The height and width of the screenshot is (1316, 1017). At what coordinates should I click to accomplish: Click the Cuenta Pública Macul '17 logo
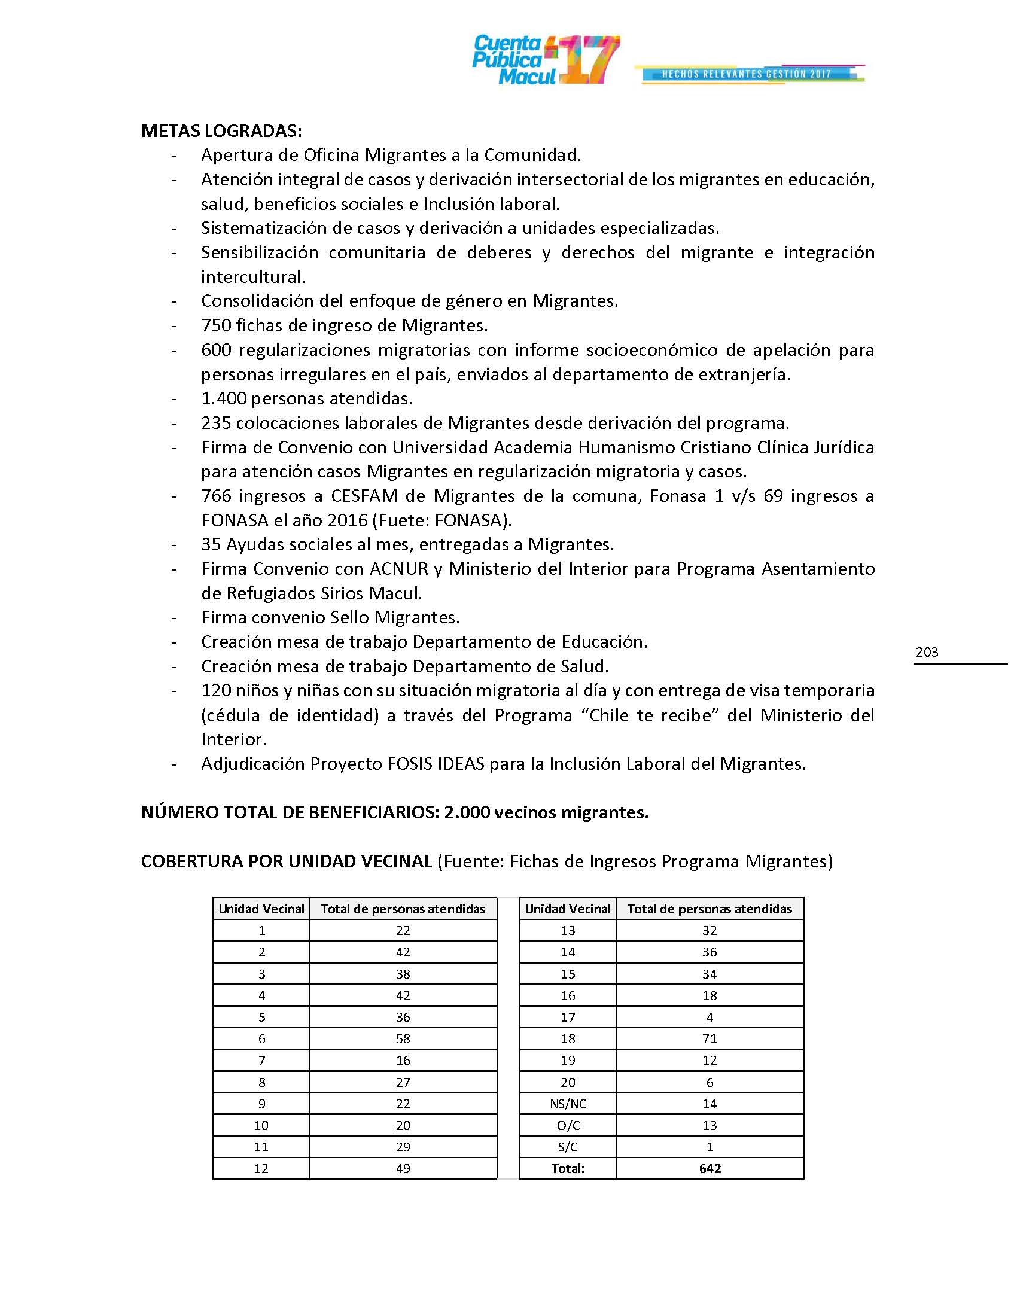545,60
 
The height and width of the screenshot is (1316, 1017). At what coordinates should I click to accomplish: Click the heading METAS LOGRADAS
221,131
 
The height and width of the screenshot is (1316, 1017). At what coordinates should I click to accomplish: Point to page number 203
927,652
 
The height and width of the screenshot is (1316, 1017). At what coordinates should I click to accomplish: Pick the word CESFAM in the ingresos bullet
364,496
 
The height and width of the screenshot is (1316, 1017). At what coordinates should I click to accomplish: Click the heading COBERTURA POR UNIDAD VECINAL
286,861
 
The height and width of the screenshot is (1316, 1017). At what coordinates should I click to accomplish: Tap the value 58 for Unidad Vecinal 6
403,1039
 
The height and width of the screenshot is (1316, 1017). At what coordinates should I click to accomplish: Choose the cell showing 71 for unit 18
710,1039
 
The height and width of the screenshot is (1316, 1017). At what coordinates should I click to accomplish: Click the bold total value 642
710,1168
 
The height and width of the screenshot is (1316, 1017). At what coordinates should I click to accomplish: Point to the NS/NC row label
568,1104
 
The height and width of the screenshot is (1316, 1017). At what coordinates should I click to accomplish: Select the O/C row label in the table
568,1126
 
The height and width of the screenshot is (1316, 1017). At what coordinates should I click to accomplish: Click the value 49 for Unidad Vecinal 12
403,1168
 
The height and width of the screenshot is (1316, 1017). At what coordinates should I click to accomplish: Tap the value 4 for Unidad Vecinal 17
710,1017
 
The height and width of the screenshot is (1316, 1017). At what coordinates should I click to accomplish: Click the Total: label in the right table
568,1168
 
